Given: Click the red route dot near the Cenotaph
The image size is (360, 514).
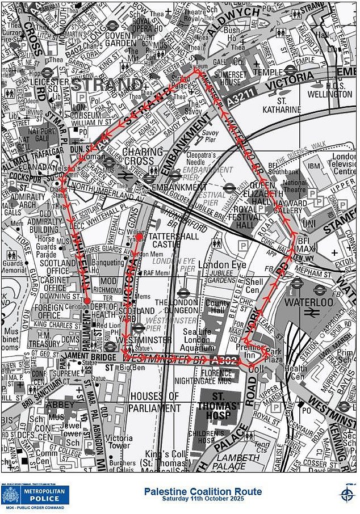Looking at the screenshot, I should click(87, 301).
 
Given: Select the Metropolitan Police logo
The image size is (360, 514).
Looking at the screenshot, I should click(36, 495).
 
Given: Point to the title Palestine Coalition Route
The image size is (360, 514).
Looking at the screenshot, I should click(202, 491).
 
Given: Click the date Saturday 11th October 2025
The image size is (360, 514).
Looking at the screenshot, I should click(202, 499).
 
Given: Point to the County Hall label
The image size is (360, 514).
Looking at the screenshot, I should click(217, 307).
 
